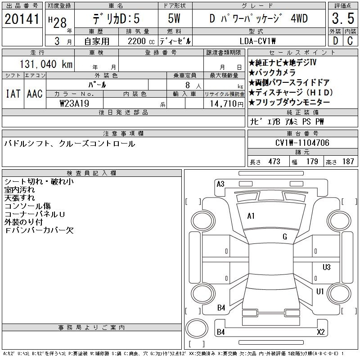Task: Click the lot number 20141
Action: tap(22, 18)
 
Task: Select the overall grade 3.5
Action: tap(343, 18)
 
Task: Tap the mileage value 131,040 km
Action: tap(46, 64)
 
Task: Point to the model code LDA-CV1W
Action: tap(257, 41)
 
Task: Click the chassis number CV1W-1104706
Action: tap(302, 143)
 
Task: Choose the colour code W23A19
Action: tap(74, 103)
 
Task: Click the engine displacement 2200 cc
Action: tap(141, 41)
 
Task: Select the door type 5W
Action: tap(174, 18)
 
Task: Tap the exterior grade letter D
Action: tap(335, 41)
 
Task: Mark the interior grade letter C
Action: tap(350, 41)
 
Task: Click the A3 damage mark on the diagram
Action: tap(220, 184)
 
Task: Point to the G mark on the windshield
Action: tap(285, 237)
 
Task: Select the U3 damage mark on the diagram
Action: tap(327, 267)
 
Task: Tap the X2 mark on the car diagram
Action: tap(321, 332)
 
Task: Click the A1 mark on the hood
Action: tap(251, 216)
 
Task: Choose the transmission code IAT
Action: tap(13, 94)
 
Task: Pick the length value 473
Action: tap(274, 162)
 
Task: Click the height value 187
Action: tap(348, 162)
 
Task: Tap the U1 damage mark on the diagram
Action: tap(320, 292)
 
